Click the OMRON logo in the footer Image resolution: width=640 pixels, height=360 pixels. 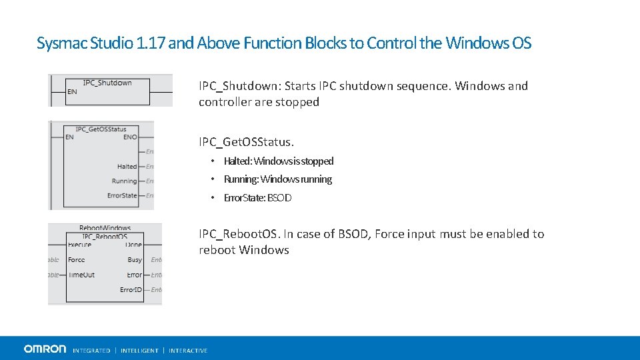tap(45, 349)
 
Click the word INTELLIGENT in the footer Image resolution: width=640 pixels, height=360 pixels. tap(140, 351)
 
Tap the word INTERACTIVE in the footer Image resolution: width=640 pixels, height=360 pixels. tap(188, 351)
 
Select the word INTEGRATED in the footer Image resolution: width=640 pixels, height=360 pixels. tap(91, 351)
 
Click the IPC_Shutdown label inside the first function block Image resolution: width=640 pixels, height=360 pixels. tap(107, 83)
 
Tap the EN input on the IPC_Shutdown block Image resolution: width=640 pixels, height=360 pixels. tap(72, 92)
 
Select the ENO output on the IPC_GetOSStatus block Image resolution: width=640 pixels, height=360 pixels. tap(130, 137)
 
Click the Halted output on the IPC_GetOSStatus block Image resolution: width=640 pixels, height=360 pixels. tap(127, 167)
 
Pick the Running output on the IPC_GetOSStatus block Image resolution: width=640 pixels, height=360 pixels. tap(125, 181)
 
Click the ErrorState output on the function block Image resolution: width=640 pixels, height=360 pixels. tap(122, 196)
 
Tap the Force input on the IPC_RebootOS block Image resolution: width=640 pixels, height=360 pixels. tap(76, 260)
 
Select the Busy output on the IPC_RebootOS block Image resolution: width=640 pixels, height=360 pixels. tap(135, 260)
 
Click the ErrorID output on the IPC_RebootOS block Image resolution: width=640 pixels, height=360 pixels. tap(131, 289)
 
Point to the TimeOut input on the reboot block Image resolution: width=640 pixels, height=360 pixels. tap(81, 275)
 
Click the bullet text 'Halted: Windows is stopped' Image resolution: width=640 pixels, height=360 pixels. tap(278, 161)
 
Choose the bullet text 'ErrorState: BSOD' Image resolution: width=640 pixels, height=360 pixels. tap(257, 198)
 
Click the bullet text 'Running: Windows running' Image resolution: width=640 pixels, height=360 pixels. tap(277, 179)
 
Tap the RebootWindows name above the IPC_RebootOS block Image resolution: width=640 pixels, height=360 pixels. tap(105, 228)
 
